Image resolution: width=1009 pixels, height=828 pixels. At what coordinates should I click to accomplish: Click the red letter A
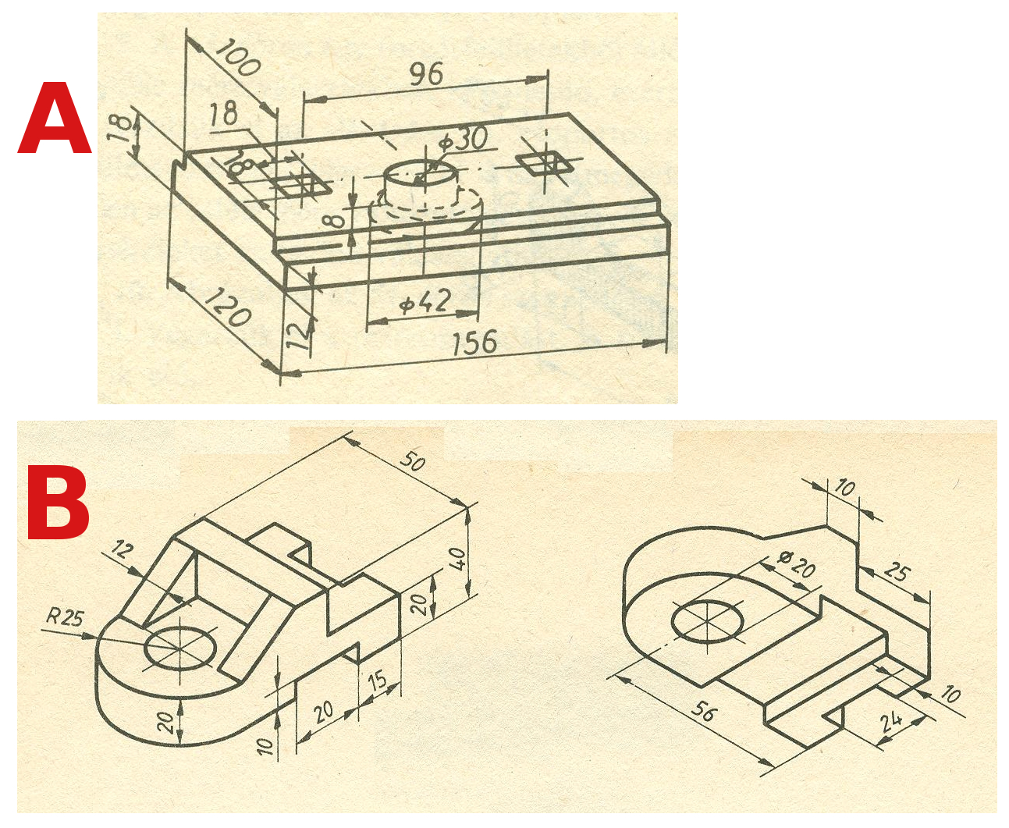click(54, 118)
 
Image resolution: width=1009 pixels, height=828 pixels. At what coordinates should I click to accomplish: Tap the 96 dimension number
click(426, 75)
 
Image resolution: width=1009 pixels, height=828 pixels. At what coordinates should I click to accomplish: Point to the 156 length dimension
click(474, 343)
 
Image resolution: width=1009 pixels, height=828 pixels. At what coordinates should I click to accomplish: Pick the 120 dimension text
click(227, 307)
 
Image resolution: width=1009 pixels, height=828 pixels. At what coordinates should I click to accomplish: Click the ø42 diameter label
click(425, 302)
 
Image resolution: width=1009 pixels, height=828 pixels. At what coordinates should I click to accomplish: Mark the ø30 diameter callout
click(463, 139)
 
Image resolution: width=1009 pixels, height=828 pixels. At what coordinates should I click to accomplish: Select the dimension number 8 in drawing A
click(337, 222)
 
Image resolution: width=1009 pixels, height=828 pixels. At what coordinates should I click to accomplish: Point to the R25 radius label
click(65, 617)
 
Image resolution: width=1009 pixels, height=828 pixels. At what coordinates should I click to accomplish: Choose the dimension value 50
click(412, 460)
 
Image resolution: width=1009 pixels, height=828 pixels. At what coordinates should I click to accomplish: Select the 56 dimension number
click(703, 711)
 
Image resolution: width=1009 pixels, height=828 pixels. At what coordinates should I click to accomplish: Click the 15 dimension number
click(378, 681)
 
